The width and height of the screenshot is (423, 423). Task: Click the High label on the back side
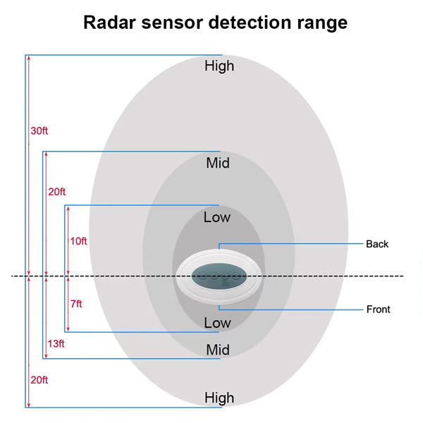coord(219,66)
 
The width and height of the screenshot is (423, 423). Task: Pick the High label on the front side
coord(219,398)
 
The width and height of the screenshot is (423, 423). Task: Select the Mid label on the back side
coord(218,164)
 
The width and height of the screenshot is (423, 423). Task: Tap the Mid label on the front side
coord(218,350)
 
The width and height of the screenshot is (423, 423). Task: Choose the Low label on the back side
coord(217,217)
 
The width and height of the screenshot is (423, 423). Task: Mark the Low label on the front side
coord(217,323)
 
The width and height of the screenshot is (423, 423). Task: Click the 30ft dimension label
coord(40,131)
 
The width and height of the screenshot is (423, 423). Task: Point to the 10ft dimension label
coord(79,241)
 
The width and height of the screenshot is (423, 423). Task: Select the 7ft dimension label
coord(76,304)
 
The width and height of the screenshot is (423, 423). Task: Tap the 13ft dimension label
coord(56,344)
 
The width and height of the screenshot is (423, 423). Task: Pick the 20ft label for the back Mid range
coord(57,192)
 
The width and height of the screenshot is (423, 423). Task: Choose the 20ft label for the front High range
coord(39,380)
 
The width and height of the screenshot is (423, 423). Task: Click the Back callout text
coord(377,245)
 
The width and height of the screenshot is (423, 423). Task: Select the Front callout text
coord(378,309)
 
